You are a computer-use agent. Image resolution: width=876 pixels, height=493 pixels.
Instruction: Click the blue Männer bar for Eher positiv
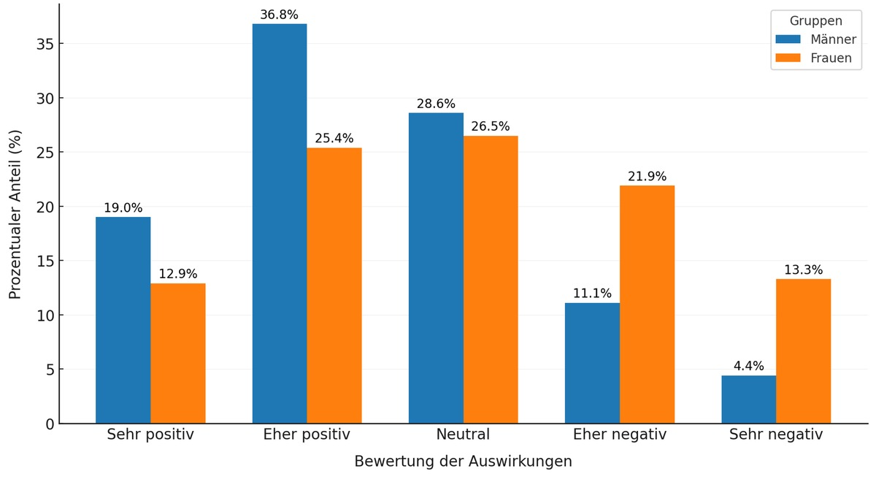(x=280, y=223)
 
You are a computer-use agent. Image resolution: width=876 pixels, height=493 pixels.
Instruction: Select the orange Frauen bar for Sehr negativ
(x=803, y=351)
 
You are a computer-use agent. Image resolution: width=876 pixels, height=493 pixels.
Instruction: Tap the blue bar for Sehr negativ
(x=748, y=400)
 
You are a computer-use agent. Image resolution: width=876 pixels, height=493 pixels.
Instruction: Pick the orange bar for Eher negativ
(x=647, y=305)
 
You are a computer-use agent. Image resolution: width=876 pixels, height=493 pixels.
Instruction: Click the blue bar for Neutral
(x=436, y=268)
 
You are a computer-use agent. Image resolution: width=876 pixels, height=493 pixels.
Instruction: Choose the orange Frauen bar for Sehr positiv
(x=178, y=353)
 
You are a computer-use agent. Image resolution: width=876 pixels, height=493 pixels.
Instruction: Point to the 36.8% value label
(x=279, y=15)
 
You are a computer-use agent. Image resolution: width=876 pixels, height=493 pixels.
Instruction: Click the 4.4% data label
(x=748, y=367)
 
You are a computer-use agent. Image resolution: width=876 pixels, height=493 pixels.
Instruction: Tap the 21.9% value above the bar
(x=647, y=177)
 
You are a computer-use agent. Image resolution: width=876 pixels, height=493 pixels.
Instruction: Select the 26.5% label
(x=491, y=127)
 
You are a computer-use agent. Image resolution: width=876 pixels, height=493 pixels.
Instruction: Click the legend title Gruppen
(x=815, y=21)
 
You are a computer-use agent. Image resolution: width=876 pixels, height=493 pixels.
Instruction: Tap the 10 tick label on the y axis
(x=45, y=316)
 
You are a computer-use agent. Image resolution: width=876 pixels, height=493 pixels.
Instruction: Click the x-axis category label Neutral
(x=463, y=435)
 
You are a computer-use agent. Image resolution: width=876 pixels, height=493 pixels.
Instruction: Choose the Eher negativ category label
(x=620, y=435)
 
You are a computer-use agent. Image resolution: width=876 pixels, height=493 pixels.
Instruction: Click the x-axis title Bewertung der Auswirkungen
(x=463, y=462)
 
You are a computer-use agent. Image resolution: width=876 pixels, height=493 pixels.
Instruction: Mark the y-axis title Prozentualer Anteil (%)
(x=15, y=214)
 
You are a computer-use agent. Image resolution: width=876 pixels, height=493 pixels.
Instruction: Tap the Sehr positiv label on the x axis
(x=150, y=435)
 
